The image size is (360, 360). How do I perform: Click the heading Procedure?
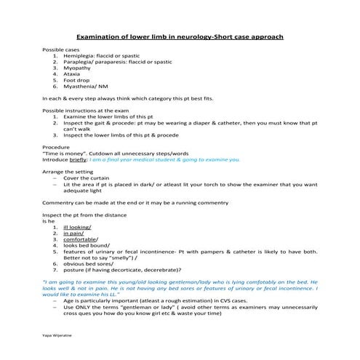pos(57,146)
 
